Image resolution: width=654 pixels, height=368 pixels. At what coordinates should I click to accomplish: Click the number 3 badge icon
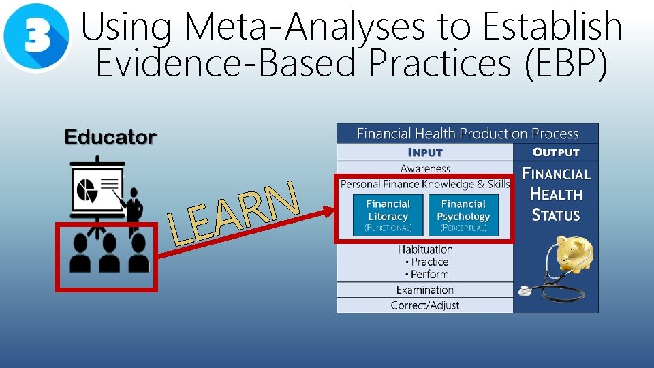point(35,37)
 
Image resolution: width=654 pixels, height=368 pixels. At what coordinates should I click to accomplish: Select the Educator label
point(110,138)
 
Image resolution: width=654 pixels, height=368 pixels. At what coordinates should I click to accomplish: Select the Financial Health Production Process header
point(467,134)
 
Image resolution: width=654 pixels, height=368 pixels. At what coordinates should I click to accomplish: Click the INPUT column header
point(425,152)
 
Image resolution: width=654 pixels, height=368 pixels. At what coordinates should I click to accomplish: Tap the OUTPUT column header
point(556,152)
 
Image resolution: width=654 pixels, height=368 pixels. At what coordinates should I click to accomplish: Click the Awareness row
point(425,168)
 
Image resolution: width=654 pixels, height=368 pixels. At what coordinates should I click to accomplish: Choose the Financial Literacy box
point(388,215)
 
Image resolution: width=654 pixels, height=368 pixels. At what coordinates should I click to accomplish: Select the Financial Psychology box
point(463,215)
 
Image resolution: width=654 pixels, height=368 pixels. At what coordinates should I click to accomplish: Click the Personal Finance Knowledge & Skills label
point(425,184)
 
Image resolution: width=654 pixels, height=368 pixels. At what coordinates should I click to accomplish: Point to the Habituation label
point(425,249)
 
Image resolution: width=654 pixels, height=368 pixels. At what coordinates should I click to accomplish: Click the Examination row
point(425,290)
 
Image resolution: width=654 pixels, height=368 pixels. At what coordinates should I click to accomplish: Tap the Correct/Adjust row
point(425,305)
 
